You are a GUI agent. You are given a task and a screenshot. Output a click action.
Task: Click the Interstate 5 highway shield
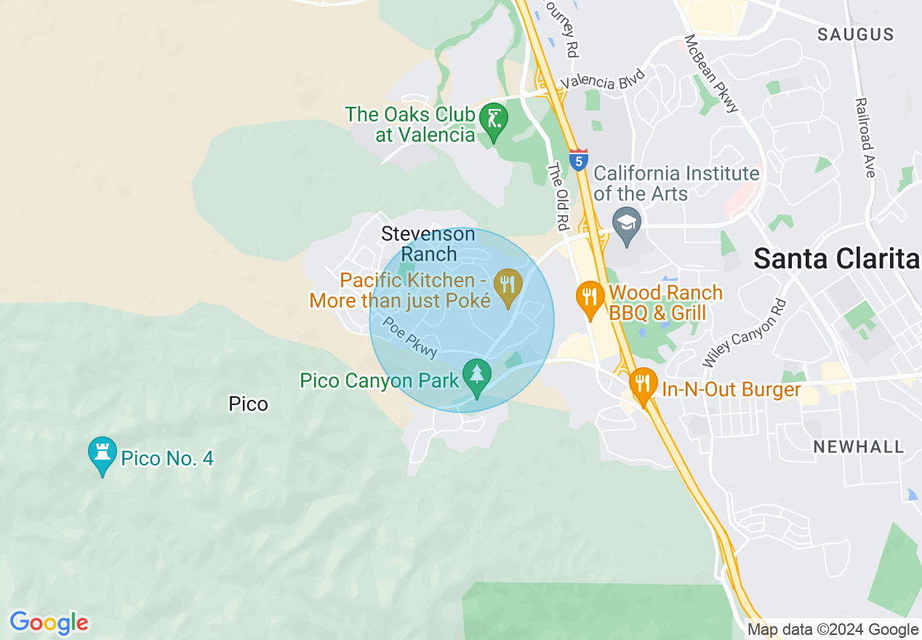click(579, 161)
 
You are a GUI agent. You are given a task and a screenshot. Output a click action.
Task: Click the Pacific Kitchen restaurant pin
click(508, 284)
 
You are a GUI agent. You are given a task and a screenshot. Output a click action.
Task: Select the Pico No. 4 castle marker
click(102, 453)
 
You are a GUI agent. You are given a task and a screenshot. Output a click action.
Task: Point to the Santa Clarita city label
click(836, 259)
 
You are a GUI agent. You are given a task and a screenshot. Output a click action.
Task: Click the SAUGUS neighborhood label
click(855, 34)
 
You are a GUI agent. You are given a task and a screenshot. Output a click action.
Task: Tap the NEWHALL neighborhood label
click(858, 447)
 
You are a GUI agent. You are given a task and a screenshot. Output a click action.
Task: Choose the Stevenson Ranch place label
click(428, 244)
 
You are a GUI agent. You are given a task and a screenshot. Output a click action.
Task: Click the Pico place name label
click(248, 404)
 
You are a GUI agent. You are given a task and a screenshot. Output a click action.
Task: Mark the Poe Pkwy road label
click(410, 337)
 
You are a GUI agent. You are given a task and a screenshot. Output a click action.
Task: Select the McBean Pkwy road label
click(711, 73)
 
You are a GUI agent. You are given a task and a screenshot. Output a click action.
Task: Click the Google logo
click(49, 623)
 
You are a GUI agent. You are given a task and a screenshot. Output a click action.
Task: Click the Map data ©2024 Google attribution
click(833, 630)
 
